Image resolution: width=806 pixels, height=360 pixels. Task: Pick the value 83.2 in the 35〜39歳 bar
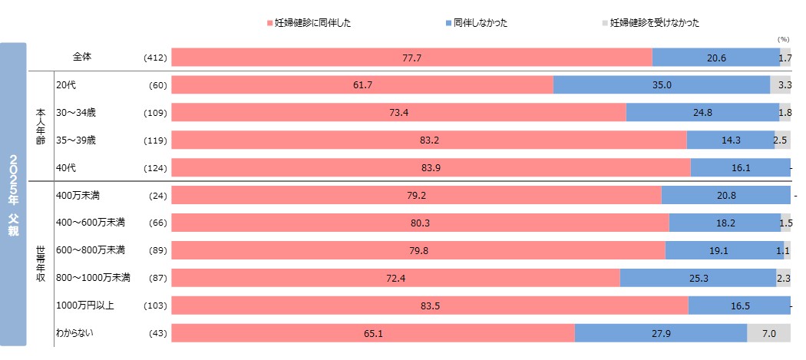[428, 140]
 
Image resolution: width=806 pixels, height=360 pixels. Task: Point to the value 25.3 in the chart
[697, 278]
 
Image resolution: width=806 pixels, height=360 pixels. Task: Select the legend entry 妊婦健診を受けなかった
[654, 23]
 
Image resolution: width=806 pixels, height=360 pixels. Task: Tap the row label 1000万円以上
[85, 306]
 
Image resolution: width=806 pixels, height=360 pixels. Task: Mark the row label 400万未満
[78, 195]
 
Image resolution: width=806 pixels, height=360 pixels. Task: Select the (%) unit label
[783, 38]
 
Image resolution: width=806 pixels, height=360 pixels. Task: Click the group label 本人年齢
[41, 127]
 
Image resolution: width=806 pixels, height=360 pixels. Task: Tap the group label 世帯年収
[41, 265]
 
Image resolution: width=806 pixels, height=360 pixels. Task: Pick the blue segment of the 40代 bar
[740, 167]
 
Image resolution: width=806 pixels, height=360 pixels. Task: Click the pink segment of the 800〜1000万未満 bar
[395, 278]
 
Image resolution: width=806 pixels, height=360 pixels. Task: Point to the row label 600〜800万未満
[91, 250]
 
